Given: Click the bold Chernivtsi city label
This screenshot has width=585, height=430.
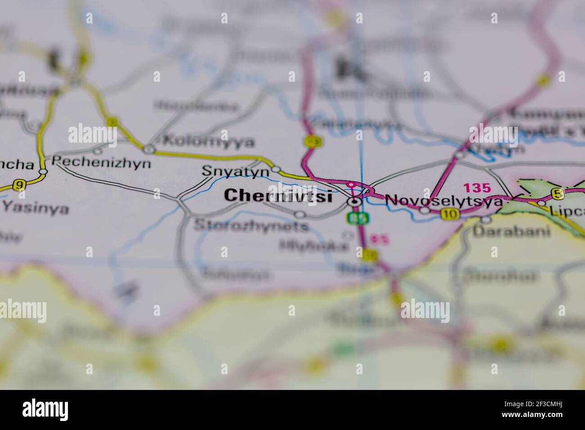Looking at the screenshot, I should [x=278, y=196].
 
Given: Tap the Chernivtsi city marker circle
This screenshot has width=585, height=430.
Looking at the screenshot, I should [x=355, y=202].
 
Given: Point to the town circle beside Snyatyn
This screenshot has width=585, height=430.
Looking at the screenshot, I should [x=276, y=170].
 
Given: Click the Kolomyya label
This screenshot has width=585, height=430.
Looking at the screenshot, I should [x=208, y=142].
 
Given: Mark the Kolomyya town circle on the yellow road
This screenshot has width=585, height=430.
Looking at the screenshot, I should [x=148, y=149].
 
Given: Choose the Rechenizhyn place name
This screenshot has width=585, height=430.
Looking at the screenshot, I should [x=101, y=162].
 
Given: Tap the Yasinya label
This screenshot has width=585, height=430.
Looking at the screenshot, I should [x=36, y=208].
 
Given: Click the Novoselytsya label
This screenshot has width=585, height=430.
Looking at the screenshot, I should [x=444, y=201].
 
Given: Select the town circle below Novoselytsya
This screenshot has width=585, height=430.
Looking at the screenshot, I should [x=424, y=210].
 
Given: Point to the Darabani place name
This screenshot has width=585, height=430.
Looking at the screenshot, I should [x=512, y=231].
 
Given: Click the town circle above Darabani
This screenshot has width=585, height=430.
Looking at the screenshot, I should [x=486, y=219].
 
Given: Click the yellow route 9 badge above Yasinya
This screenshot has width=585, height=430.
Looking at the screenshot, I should [x=18, y=185].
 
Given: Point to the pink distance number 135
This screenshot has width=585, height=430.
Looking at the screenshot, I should [x=477, y=188].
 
